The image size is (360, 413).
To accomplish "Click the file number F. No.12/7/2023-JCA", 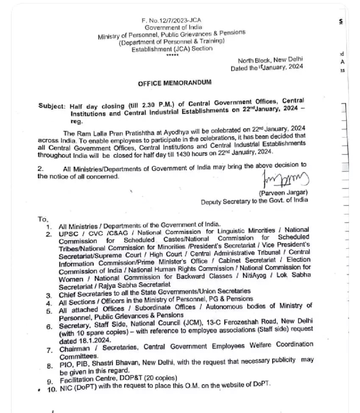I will click(x=171, y=20).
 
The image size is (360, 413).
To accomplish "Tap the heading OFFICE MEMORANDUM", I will click(x=174, y=83).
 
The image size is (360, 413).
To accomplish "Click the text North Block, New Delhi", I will click(x=270, y=60).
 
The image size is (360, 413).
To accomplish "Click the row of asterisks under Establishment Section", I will click(x=172, y=55).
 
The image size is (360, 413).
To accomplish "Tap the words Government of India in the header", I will click(x=171, y=27).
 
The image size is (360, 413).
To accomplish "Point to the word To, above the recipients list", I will click(x=43, y=219).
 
